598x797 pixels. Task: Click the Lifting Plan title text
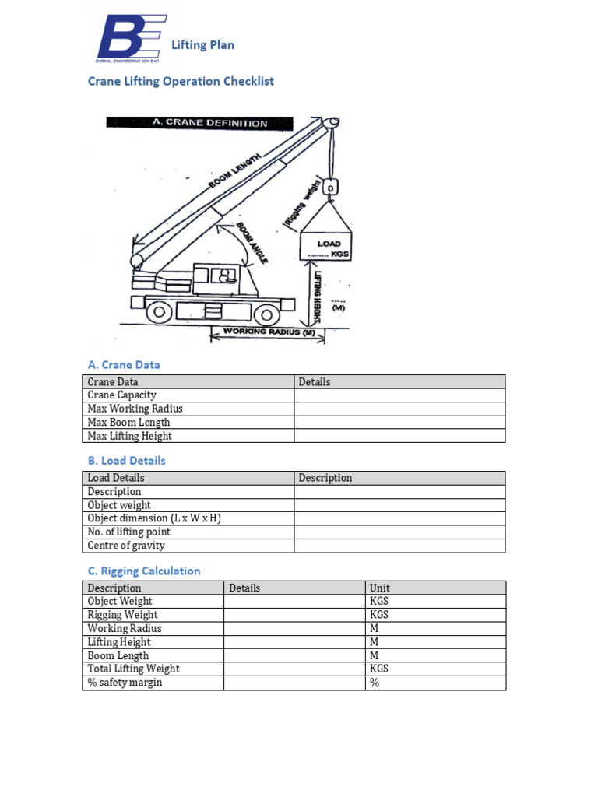202,45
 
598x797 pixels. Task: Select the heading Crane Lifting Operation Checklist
181,81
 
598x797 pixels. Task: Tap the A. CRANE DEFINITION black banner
199,123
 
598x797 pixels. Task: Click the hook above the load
331,188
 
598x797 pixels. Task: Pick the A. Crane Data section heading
124,364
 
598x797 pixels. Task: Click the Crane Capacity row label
122,395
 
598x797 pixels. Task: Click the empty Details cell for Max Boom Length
399,423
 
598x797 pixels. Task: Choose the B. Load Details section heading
126,461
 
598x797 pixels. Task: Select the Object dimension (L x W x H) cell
155,518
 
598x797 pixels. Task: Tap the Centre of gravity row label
126,546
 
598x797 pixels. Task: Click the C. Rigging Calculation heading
144,571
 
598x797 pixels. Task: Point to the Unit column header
380,588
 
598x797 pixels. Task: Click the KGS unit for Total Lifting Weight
379,669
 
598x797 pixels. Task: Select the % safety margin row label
125,683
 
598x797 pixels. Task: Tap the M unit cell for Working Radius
374,629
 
